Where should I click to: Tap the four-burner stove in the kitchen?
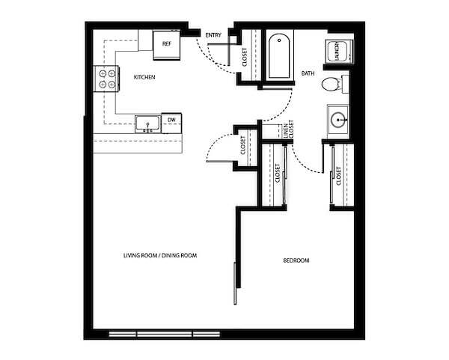tap(106, 79)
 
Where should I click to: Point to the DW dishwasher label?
tap(171, 120)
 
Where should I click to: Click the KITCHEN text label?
tap(144, 77)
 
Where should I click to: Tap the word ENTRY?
tap(213, 35)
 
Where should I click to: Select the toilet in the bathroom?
tap(332, 84)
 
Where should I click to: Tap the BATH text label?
tap(308, 73)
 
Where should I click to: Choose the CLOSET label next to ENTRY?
tap(245, 57)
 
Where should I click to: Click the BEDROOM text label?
tap(296, 260)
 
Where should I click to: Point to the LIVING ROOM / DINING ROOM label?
tap(160, 256)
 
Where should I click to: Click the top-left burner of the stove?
tap(101, 73)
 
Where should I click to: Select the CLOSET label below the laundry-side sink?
tap(339, 176)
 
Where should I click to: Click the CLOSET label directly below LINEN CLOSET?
tap(278, 175)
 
